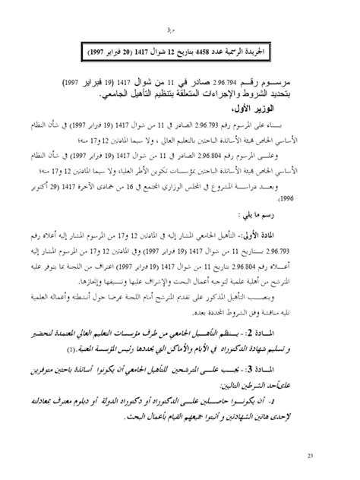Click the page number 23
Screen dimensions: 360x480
332,455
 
